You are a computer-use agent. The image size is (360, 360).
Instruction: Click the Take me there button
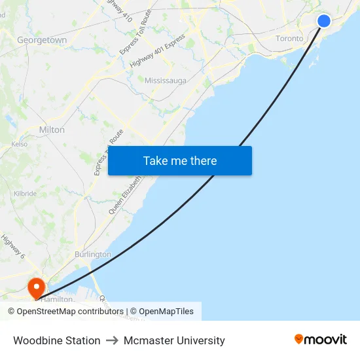click(180, 161)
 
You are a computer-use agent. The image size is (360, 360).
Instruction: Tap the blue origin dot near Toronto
click(323, 21)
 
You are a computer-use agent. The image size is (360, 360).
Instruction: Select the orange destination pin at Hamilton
click(35, 287)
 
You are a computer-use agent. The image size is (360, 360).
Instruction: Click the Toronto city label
click(289, 39)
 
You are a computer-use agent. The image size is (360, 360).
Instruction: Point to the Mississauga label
click(166, 81)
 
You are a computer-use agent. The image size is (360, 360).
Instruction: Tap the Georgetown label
click(42, 40)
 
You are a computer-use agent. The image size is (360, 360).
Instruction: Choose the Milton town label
click(52, 130)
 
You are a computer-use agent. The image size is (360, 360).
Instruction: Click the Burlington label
click(92, 254)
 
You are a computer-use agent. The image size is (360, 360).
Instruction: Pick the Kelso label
click(20, 144)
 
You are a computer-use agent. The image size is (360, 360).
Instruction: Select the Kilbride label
click(25, 194)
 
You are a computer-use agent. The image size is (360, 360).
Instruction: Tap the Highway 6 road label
click(12, 247)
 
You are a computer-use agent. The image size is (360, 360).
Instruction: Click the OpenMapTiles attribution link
click(166, 312)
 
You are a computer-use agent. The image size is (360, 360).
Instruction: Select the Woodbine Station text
click(57, 340)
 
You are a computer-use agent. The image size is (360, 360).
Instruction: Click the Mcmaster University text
click(174, 340)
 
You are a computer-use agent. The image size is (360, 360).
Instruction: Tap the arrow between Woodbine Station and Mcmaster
click(112, 340)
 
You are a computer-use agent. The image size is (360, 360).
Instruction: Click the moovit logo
click(320, 340)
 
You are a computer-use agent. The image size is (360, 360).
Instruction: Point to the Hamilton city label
click(58, 299)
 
